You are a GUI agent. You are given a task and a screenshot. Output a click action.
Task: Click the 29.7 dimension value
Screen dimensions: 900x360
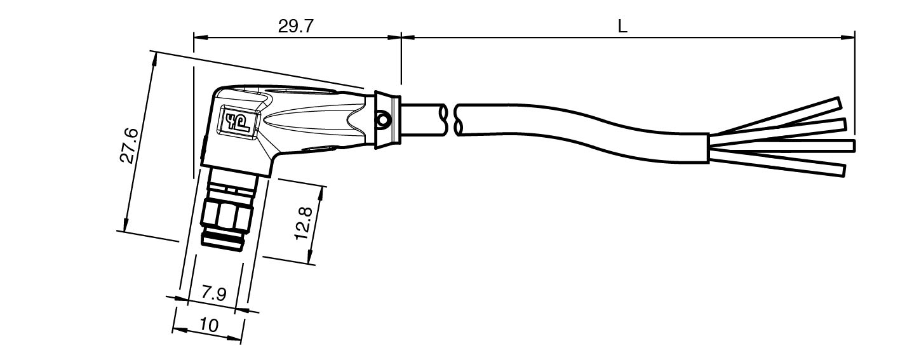point(295,27)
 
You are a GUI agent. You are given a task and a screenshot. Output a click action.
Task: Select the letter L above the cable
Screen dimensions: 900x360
point(622,27)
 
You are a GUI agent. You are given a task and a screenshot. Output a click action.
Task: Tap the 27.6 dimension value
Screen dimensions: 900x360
point(130,145)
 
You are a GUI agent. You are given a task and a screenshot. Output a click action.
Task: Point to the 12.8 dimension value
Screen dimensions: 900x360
point(304,223)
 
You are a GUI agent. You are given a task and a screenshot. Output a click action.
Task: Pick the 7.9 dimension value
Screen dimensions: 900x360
point(214,294)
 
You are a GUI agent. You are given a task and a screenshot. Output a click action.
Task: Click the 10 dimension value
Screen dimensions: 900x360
point(209,324)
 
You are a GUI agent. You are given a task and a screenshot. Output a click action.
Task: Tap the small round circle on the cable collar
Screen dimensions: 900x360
point(382,119)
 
